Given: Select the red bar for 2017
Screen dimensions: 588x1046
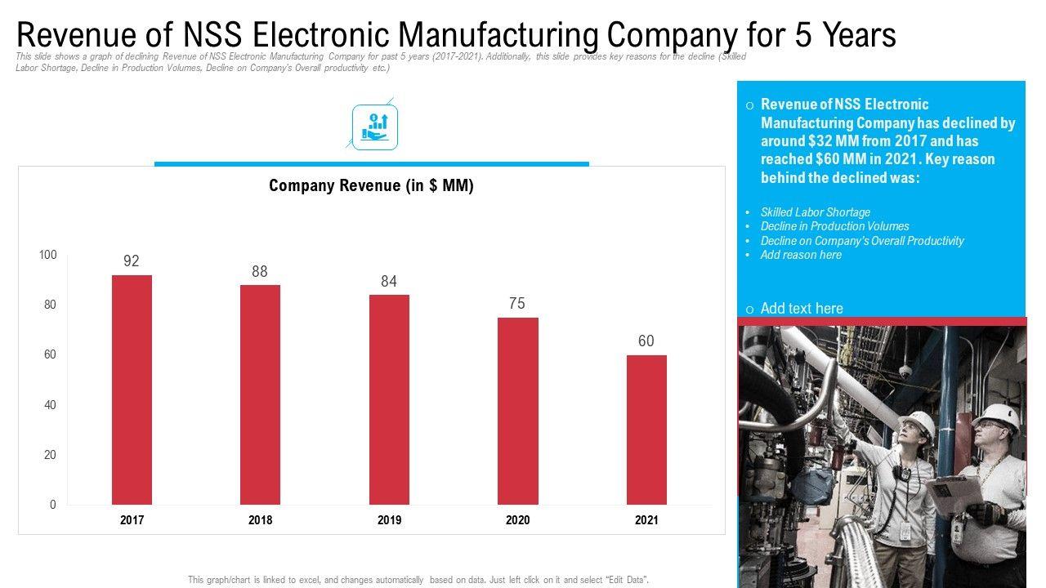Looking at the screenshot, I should pos(132,390).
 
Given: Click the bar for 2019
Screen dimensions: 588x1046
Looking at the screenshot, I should pos(389,399).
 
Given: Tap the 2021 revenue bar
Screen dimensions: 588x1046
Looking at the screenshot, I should pos(646,430).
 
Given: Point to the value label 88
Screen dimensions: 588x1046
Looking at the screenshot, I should pos(260,272).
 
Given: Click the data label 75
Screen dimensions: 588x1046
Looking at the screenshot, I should pos(517,304).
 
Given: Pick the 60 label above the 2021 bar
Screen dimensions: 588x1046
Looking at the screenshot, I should pos(646,341).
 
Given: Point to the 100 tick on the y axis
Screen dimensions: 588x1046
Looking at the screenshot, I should pos(48,256).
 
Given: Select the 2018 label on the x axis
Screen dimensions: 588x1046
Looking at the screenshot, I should pos(260,520).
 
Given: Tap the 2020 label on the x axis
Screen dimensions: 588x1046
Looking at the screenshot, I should pos(517,520).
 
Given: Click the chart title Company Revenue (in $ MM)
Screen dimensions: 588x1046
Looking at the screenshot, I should pos(371,186).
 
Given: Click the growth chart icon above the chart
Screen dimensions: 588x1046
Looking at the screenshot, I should pos(375,127).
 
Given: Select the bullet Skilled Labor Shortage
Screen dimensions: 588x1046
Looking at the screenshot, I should pos(815,212).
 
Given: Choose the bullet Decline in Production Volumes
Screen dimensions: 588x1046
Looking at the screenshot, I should pos(834,226).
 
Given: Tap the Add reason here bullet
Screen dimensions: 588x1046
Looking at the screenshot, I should pos(801,255).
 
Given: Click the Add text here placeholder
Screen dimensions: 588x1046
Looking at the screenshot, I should pos(801,309).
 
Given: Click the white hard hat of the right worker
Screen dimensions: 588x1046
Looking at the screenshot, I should pos(998,415).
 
